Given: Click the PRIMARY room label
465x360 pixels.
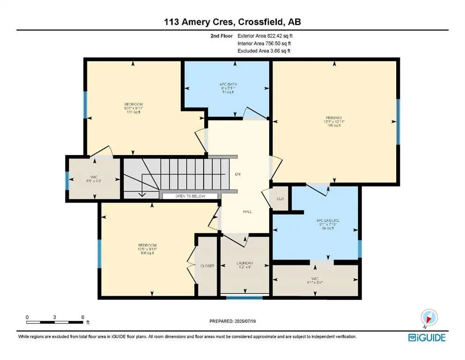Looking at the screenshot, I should tap(334, 118).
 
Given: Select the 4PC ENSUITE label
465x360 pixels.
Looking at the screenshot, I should tap(327, 220).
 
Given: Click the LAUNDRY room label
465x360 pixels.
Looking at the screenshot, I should tap(244, 263).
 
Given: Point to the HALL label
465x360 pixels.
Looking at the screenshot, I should tap(247, 211).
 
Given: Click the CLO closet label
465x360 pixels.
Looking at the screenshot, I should tap(280, 199).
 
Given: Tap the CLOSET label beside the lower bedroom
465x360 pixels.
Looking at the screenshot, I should tap(207, 266).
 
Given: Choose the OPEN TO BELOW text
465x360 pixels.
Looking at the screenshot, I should tap(190, 196).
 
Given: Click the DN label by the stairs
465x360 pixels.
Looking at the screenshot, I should tap(237, 174).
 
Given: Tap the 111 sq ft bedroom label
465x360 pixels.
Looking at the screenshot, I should tap(133, 104).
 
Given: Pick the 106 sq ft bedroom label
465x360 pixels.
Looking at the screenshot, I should tap(147, 246).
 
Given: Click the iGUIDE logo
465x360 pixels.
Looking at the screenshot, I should tap(427, 337).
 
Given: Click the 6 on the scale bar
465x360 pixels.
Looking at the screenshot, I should tap(82, 317).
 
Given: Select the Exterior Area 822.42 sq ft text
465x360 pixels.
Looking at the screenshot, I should tap(266, 36).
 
